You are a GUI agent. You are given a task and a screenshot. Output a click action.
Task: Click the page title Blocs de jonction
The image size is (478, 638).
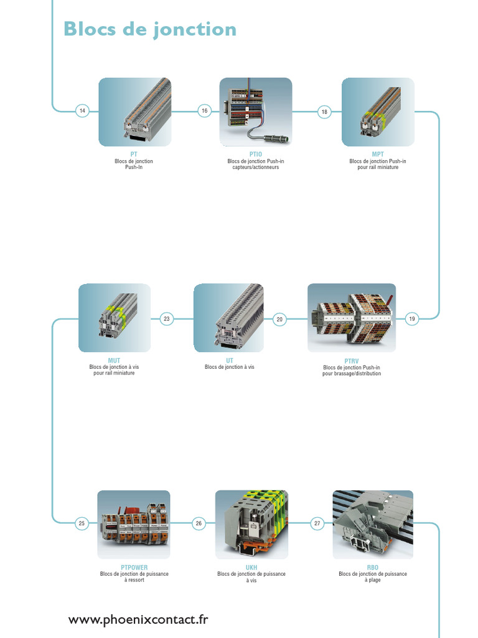coord(150,29)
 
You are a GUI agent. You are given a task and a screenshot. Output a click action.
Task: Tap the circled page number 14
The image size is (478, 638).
coord(82,112)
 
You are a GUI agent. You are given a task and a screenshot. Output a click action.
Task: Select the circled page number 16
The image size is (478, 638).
coord(204,112)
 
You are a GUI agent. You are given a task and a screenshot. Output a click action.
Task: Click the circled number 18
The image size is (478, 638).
coord(324,112)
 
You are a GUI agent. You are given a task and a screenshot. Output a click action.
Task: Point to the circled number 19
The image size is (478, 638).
coord(411,319)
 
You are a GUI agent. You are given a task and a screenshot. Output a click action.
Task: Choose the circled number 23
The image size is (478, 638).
coord(166,319)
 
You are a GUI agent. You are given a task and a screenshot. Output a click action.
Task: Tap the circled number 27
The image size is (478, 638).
coord(317,523)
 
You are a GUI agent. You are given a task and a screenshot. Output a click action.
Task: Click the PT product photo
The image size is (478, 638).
coord(134,112)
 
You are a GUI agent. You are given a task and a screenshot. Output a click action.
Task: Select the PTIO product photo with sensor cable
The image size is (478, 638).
coord(255,112)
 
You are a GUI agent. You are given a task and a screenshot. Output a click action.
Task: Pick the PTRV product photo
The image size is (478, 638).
coord(352,318)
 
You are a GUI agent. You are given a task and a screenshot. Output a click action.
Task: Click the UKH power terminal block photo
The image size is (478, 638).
coord(251,524)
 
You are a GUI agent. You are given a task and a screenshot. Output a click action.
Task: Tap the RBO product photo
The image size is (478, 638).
coord(372,524)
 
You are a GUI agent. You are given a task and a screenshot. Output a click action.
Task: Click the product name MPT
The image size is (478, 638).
coord(378,154)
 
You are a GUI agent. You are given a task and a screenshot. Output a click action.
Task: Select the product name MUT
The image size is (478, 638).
coord(114,360)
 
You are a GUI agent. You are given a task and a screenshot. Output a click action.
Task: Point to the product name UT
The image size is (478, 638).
coord(229,360)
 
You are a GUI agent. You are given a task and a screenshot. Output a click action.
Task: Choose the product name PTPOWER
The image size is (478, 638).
coord(134,567)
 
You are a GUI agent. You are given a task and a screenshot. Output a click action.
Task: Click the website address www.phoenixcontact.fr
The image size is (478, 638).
coord(138,619)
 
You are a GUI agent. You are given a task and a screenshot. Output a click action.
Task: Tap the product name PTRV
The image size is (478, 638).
coord(352,360)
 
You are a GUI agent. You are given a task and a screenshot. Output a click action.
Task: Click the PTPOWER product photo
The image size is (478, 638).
coord(133,524)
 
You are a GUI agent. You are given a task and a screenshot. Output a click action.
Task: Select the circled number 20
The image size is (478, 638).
coord(279,319)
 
